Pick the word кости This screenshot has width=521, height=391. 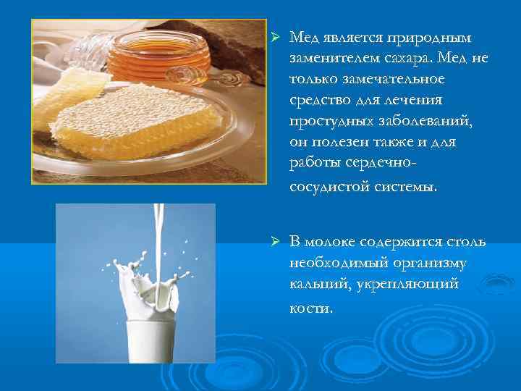point(311,307)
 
